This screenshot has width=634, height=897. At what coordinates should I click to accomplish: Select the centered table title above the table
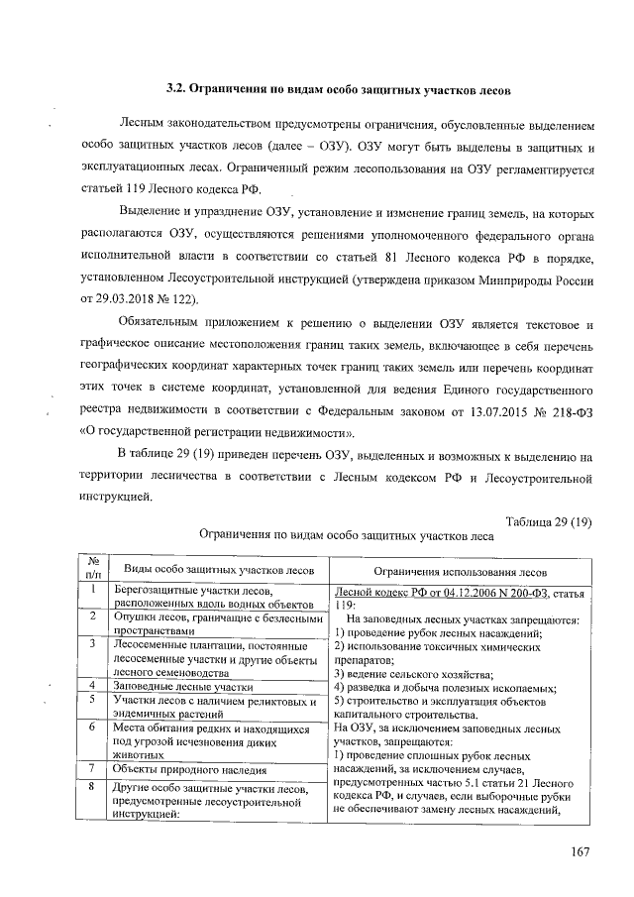pos(346,536)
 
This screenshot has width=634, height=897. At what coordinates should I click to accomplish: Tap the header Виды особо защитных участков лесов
pos(214,570)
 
